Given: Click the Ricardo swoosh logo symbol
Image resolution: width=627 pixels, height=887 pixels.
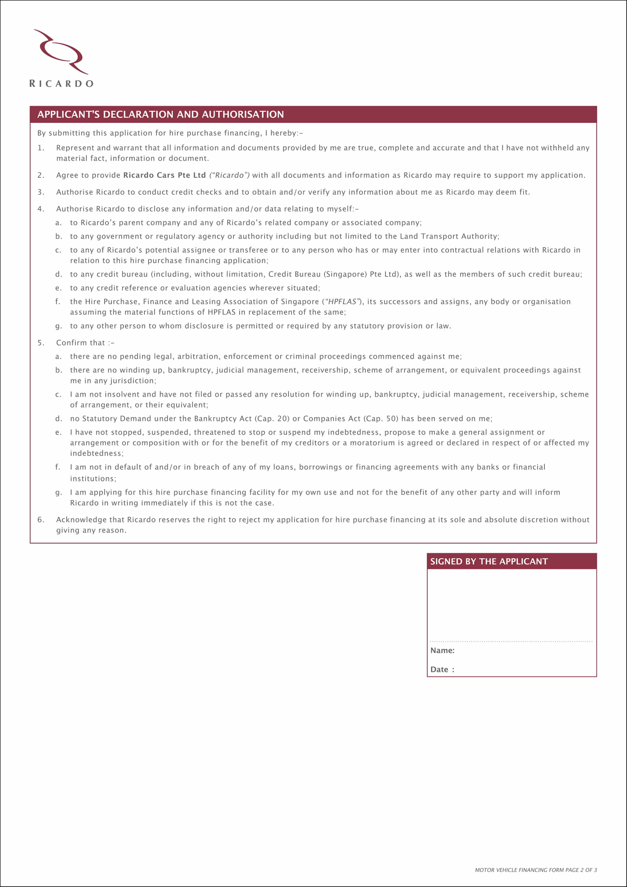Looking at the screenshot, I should point(61,52).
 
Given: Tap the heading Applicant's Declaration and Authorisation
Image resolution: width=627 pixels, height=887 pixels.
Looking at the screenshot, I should point(161,114).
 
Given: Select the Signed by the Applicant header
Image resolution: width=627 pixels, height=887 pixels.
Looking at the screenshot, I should point(489,561).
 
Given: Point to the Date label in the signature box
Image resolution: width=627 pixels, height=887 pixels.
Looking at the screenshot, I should point(439,670).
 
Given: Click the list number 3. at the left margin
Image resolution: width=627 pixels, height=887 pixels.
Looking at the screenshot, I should point(41,192).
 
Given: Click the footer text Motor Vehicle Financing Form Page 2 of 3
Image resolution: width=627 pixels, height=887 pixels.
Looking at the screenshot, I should point(536,870).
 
